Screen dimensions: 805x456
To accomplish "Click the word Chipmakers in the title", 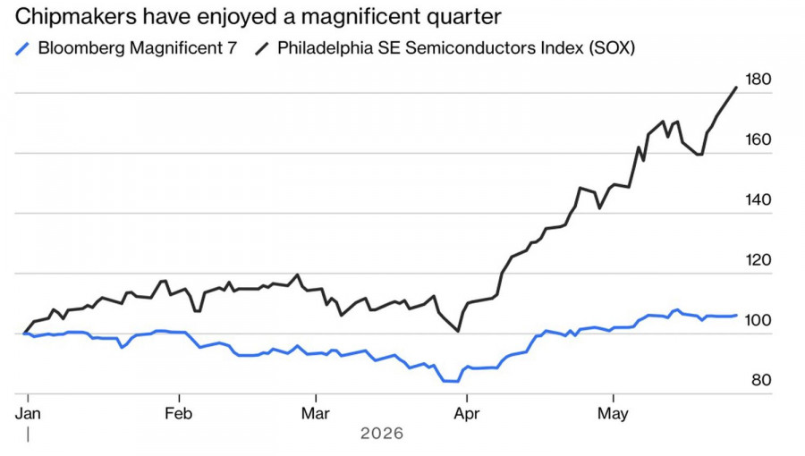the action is (x=76, y=17).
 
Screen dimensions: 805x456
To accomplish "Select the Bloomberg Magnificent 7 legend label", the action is (x=138, y=47).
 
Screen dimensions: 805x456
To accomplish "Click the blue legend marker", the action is (x=22, y=48).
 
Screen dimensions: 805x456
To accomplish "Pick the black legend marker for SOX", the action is (x=262, y=48).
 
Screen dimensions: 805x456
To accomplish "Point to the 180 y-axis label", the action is (x=758, y=80).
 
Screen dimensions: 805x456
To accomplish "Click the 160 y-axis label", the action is (x=758, y=139).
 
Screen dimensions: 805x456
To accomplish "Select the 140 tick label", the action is (x=758, y=199).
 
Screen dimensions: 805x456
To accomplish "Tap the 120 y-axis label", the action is (x=758, y=260).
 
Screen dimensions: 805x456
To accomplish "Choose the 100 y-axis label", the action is (x=758, y=320).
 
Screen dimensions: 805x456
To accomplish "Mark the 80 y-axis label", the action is (x=761, y=380).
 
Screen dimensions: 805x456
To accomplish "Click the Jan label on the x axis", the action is (x=28, y=413).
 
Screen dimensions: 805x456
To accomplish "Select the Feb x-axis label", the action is (x=179, y=413).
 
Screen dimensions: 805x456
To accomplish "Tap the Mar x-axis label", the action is (x=315, y=413).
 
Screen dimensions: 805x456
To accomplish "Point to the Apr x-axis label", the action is (x=467, y=413).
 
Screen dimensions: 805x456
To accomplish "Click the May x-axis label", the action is (x=613, y=413).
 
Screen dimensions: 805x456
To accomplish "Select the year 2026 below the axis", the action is (x=382, y=434).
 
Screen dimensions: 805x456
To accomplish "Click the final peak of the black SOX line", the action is (x=737, y=88).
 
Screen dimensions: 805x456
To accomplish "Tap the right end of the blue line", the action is (x=737, y=316).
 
